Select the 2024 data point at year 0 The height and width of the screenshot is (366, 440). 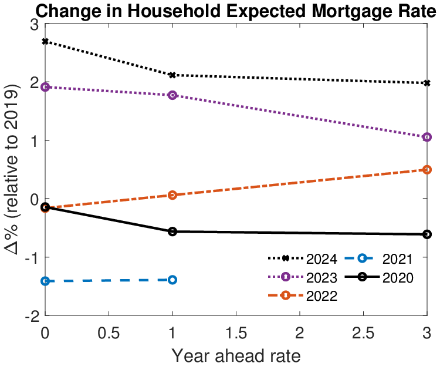coord(45,42)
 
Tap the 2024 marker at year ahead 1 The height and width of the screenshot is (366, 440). coord(172,75)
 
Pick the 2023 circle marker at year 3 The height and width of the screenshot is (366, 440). coord(427,137)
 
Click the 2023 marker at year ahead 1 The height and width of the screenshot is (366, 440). coord(172,95)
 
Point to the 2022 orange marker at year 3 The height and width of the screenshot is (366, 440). coord(427,170)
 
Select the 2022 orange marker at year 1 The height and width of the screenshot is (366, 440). coord(172,195)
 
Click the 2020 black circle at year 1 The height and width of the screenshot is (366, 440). coord(172,232)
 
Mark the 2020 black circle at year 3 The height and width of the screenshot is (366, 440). coord(427,234)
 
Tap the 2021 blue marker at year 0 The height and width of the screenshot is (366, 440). coord(45,281)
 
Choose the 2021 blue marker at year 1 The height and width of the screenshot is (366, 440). coord(172,280)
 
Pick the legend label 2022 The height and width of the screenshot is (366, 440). coord(321,296)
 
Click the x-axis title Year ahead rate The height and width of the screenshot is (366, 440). coord(236,355)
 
